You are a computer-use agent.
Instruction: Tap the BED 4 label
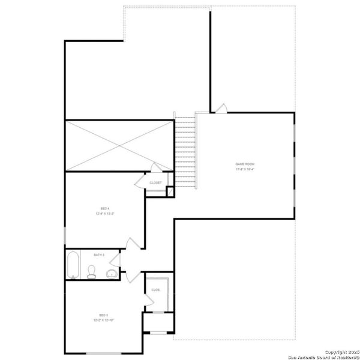104,208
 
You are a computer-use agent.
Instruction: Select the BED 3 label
103,315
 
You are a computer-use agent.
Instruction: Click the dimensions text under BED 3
103,320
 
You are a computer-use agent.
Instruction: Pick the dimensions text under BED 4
104,214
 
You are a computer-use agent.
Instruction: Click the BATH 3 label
99,255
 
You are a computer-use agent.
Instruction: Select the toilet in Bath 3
92,272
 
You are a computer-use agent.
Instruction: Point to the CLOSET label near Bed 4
155,182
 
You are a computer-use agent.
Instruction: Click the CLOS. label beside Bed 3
155,290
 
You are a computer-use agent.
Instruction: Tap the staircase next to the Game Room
185,151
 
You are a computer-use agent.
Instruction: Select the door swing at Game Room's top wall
221,108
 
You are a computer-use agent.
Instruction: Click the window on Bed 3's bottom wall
95,353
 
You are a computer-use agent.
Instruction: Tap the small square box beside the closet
170,192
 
